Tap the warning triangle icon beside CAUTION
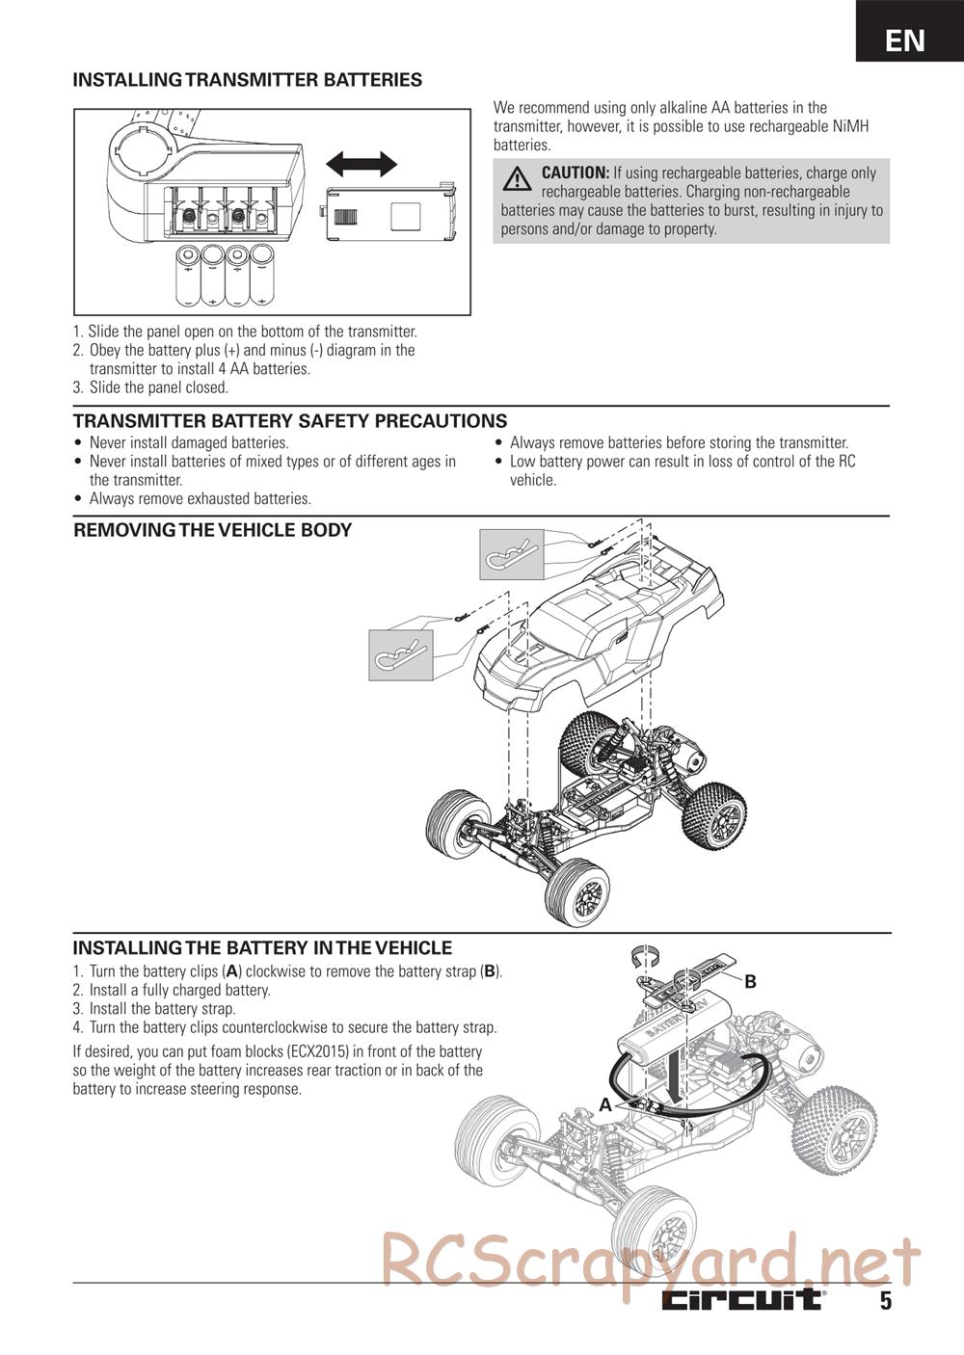pos(517,179)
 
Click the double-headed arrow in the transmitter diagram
pos(361,164)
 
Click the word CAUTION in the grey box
pos(575,173)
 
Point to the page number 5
pos(885,1301)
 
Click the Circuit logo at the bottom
pos(742,1300)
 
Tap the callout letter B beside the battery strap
pos(750,981)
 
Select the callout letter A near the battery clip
pos(605,1105)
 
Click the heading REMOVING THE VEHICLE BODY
pos(213,530)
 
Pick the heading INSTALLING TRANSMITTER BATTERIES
pos(248,80)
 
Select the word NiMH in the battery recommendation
pos(849,126)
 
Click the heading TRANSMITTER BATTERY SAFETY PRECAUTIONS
pos(290,421)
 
